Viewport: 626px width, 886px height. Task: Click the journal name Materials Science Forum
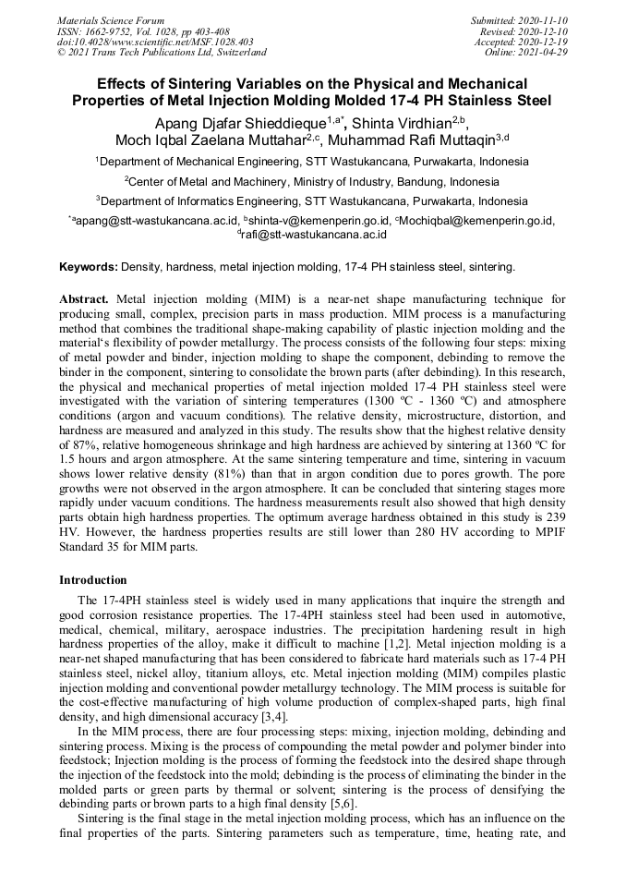click(111, 20)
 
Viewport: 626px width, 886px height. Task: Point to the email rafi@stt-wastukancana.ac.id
click(315, 235)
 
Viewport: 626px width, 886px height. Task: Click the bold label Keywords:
click(89, 267)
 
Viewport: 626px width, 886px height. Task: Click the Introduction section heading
click(93, 580)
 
